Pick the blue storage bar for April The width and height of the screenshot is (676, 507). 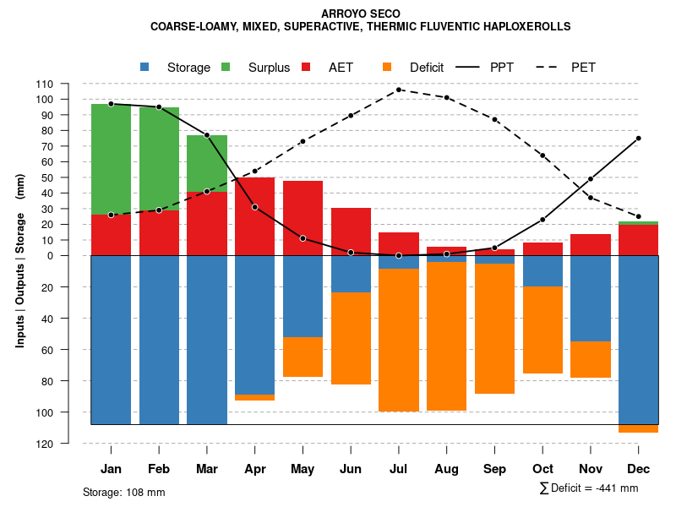coord(254,325)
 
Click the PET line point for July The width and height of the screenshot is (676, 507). coord(399,90)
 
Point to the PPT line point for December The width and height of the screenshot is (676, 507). coord(639,138)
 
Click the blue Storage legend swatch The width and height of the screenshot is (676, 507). coord(145,68)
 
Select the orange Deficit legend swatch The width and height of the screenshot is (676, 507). coord(388,68)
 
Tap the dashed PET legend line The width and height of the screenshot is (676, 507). coord(549,68)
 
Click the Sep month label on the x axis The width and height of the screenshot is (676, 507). coord(495,469)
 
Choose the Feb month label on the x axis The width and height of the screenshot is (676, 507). coord(159,469)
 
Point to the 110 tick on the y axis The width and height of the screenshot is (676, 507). coord(68,84)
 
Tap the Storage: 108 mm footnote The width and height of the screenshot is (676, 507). coord(123,492)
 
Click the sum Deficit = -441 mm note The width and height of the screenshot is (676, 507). coord(588,488)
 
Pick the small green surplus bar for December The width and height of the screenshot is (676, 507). coord(639,223)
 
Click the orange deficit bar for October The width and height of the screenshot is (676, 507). coord(542,330)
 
